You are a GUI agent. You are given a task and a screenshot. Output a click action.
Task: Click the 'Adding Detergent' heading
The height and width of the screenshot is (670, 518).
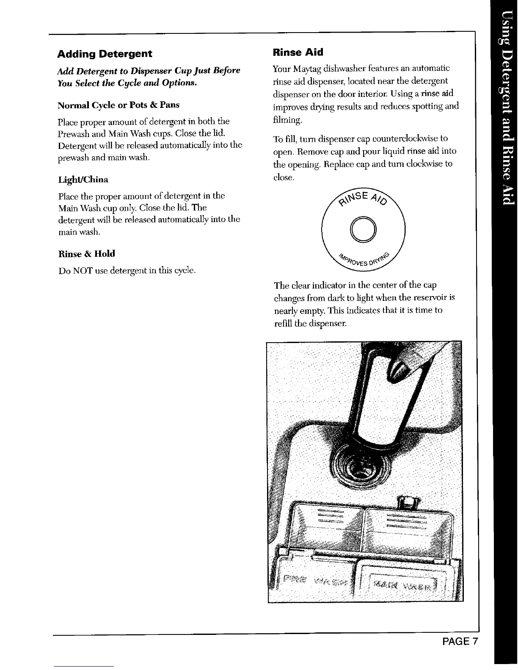point(105,54)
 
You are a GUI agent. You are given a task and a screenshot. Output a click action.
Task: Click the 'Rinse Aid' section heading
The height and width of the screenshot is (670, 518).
point(298,52)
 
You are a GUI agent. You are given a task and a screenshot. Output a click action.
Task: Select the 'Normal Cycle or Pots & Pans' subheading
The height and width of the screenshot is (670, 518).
point(118,105)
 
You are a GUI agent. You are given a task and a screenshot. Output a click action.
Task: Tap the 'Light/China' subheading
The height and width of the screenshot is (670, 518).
point(83,180)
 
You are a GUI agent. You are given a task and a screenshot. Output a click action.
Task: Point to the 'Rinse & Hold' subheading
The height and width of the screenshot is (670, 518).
point(86,254)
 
